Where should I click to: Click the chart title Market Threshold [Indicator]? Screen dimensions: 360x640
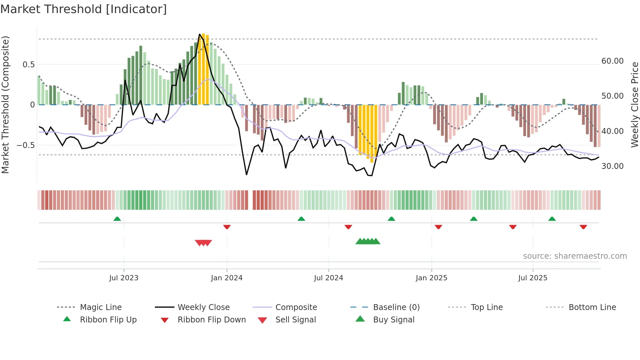[84, 9]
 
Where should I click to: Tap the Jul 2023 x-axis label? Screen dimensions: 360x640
[124, 278]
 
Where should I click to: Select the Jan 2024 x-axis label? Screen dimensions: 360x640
[227, 278]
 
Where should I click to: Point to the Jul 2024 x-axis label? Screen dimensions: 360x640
[328, 278]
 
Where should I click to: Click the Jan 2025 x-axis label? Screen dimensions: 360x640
[431, 278]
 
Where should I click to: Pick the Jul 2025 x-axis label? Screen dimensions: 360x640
[533, 278]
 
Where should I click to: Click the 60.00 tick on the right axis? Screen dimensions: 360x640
[612, 61]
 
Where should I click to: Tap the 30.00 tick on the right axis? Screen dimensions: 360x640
[612, 166]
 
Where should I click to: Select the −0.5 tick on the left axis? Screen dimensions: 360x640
[25, 145]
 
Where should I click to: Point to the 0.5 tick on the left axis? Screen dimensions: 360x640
[28, 65]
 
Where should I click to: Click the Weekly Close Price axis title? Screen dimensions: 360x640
[634, 105]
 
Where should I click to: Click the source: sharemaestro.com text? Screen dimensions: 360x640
[575, 256]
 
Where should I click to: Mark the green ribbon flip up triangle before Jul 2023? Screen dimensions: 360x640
[117, 219]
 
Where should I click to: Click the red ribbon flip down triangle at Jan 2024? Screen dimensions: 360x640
[227, 227]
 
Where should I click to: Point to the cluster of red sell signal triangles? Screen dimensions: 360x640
[203, 243]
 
